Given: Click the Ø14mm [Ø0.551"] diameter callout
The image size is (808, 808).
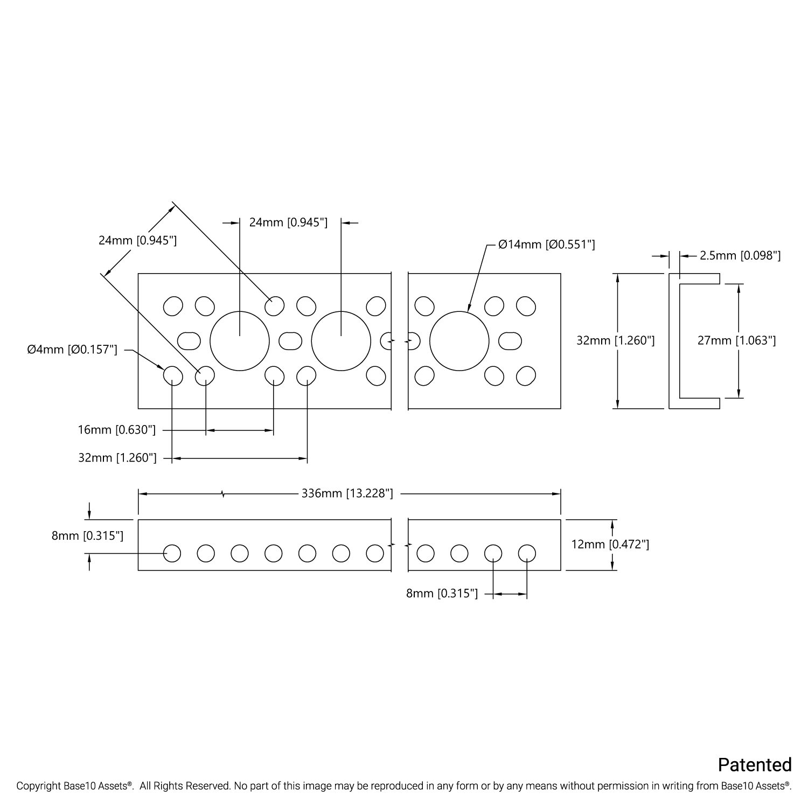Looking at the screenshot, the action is point(547,245).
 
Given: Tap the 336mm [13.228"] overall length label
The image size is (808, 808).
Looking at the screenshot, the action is point(347,493).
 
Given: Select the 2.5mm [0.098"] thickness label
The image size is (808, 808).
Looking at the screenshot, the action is point(740,256).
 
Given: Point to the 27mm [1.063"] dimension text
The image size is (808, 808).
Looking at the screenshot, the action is point(736,340).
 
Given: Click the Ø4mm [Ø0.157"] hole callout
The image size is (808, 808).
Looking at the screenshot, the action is point(72,350).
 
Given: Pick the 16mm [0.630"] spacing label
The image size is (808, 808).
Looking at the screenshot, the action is point(117,430).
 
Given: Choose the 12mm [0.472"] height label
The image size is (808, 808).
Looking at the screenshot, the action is point(610,545).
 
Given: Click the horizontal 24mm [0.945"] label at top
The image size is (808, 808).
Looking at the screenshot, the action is point(288,222).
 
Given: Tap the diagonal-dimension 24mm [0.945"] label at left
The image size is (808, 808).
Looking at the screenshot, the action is point(137,240).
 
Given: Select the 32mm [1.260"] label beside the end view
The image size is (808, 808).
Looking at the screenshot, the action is point(616,340).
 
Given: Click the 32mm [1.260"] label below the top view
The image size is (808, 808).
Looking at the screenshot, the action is point(117,458).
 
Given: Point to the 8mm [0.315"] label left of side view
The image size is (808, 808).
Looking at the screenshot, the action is point(87,536).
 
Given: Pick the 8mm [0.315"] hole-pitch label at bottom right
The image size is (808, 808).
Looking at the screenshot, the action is point(442,594).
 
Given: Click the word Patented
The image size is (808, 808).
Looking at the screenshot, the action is point(755,765).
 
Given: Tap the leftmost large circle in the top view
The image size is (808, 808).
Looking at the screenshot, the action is point(239,341).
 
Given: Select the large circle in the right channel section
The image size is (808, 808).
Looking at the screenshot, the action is point(459,341).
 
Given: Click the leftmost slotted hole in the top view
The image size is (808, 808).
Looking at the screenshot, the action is point(189,341).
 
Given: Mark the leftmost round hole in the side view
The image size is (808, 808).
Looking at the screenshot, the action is point(172,553).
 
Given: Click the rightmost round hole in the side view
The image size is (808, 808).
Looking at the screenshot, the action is point(527,553).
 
